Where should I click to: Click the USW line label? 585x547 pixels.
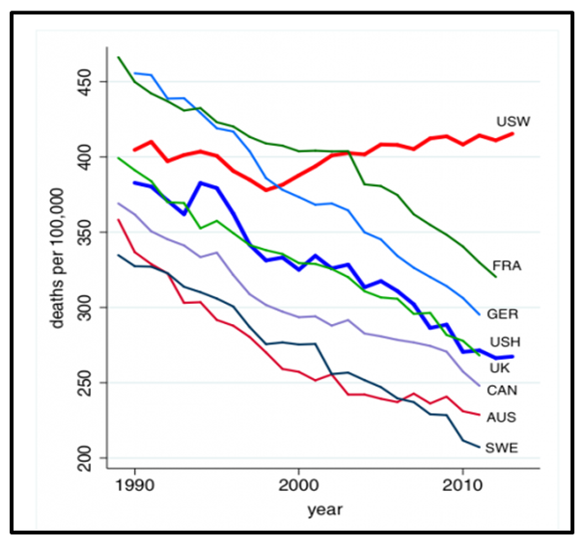click(513, 123)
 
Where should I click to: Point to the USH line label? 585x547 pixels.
click(507, 342)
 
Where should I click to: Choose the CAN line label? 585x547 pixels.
click(507, 389)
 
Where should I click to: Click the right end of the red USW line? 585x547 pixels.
click(513, 134)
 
